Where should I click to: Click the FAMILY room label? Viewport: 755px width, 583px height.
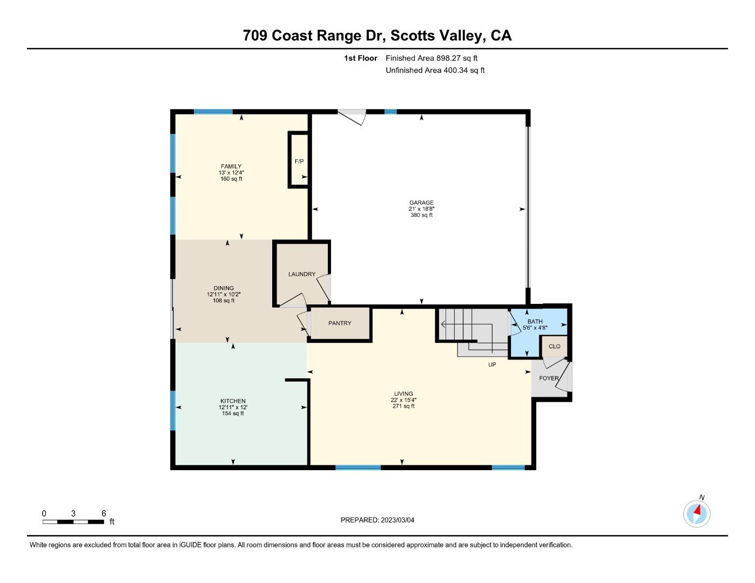pyautogui.click(x=231, y=166)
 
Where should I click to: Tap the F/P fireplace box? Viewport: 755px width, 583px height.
pyautogui.click(x=299, y=161)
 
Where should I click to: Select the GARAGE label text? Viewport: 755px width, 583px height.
pyautogui.click(x=421, y=203)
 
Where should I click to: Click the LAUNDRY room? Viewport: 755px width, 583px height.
pyautogui.click(x=301, y=274)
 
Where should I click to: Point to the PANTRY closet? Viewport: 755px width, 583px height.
pyautogui.click(x=340, y=323)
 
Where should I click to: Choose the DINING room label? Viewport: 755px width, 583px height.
pyautogui.click(x=224, y=288)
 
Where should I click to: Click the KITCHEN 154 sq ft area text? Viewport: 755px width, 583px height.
pyautogui.click(x=233, y=413)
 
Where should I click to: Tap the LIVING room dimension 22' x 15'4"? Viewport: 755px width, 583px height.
pyautogui.click(x=403, y=400)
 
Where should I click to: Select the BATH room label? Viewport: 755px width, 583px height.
pyautogui.click(x=535, y=322)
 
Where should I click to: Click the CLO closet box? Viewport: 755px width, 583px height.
pyautogui.click(x=554, y=347)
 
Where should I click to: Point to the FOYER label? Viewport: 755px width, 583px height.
pyautogui.click(x=549, y=378)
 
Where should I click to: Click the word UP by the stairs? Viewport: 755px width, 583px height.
pyautogui.click(x=492, y=365)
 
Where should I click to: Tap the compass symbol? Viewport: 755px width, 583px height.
pyautogui.click(x=697, y=513)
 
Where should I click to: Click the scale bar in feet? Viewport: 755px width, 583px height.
pyautogui.click(x=73, y=521)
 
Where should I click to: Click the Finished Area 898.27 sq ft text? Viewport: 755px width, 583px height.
pyautogui.click(x=432, y=58)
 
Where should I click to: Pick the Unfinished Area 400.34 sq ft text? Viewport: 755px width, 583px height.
pyautogui.click(x=435, y=70)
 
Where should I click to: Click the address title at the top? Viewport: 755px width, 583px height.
pyautogui.click(x=377, y=36)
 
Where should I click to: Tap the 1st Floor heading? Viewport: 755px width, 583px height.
pyautogui.click(x=361, y=58)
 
